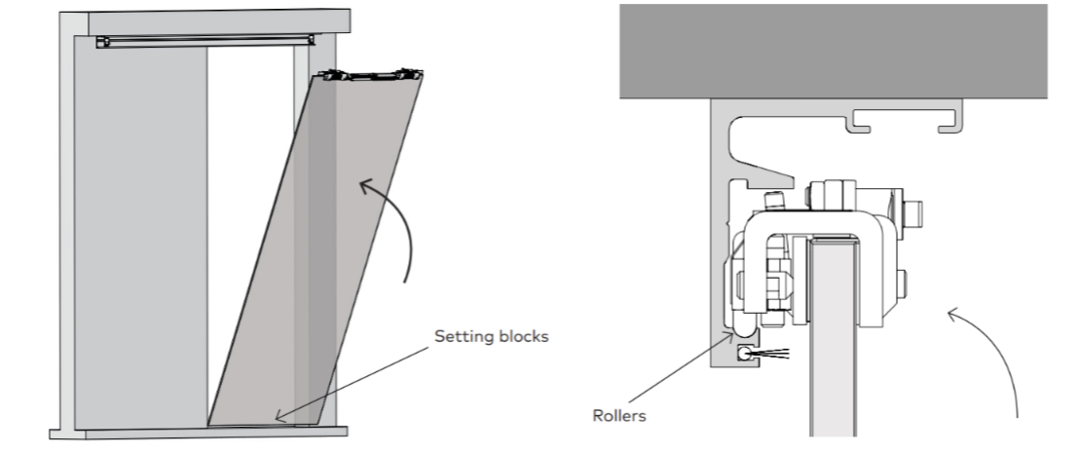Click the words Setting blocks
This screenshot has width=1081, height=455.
(492, 336)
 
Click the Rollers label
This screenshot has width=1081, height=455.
(619, 416)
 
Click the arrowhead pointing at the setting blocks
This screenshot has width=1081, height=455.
(280, 416)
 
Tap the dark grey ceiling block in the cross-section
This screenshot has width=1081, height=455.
(833, 51)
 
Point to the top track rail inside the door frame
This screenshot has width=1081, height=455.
(205, 42)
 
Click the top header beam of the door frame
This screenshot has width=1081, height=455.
(218, 22)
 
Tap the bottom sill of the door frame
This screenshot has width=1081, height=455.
(199, 433)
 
